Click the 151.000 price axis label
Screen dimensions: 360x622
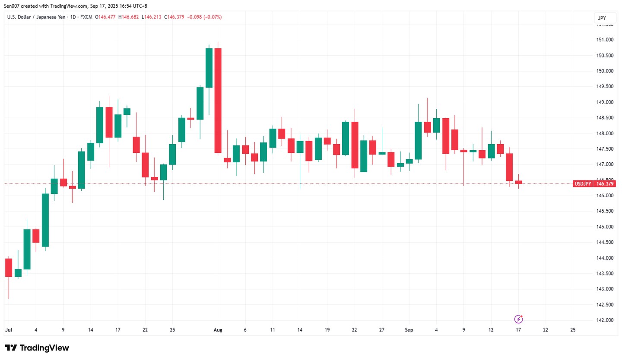coord(604,40)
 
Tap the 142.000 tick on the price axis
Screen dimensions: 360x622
coord(604,320)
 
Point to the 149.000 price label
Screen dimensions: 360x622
coord(604,102)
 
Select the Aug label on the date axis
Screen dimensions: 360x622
coord(218,330)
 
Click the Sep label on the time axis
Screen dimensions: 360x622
coord(409,330)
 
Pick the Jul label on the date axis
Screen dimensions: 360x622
coord(8,330)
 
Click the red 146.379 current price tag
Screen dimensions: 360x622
coord(604,184)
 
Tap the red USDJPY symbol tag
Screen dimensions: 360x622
coord(582,184)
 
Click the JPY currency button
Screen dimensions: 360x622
coord(602,18)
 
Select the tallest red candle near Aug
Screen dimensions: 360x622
coord(218,100)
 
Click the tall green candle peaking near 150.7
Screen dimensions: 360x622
coord(209,68)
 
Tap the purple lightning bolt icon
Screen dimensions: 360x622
coord(519,319)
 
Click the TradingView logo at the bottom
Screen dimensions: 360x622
coord(37,348)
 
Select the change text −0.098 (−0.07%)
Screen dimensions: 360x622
coord(204,17)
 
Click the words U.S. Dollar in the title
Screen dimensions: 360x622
coord(21,17)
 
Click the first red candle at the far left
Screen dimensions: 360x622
coord(9,267)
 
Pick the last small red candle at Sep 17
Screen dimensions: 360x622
coord(518,182)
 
